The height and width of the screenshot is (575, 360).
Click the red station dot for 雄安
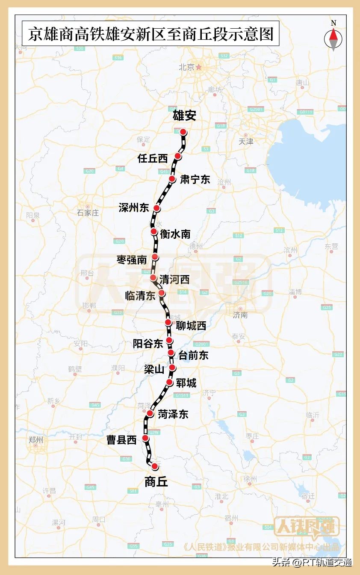point(183,132)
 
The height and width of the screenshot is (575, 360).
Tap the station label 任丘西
point(153,158)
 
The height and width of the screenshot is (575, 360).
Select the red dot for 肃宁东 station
point(172,179)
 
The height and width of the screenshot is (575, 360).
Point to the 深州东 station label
point(134,208)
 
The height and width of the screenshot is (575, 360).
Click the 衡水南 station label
point(175,234)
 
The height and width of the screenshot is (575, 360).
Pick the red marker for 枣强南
point(155,257)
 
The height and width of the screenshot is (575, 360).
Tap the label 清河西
point(174,280)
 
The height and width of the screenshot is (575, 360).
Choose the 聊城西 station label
point(191,326)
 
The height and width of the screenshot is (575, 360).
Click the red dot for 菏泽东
point(150,414)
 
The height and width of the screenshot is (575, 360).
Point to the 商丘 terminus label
point(156,482)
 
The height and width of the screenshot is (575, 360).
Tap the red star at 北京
point(198,67)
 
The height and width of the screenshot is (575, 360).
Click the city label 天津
point(246,141)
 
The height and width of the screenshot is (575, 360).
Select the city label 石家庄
point(88,213)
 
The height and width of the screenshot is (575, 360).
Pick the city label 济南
point(240,315)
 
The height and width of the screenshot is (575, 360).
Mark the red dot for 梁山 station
point(172,368)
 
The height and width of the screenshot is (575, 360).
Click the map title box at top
point(150,34)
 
